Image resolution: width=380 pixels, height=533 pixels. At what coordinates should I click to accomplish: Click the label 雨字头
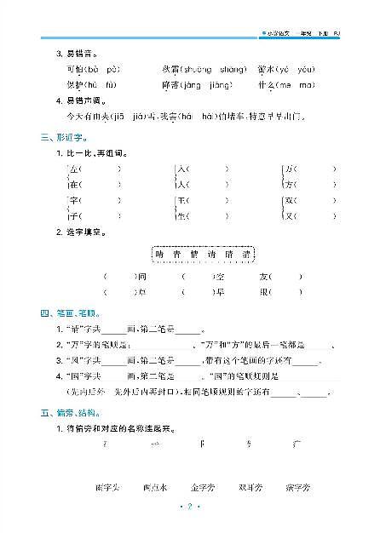(x=108, y=487)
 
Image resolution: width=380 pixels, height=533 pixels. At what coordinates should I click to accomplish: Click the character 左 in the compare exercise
(x=73, y=168)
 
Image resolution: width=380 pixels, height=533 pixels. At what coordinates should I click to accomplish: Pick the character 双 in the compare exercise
(x=290, y=200)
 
